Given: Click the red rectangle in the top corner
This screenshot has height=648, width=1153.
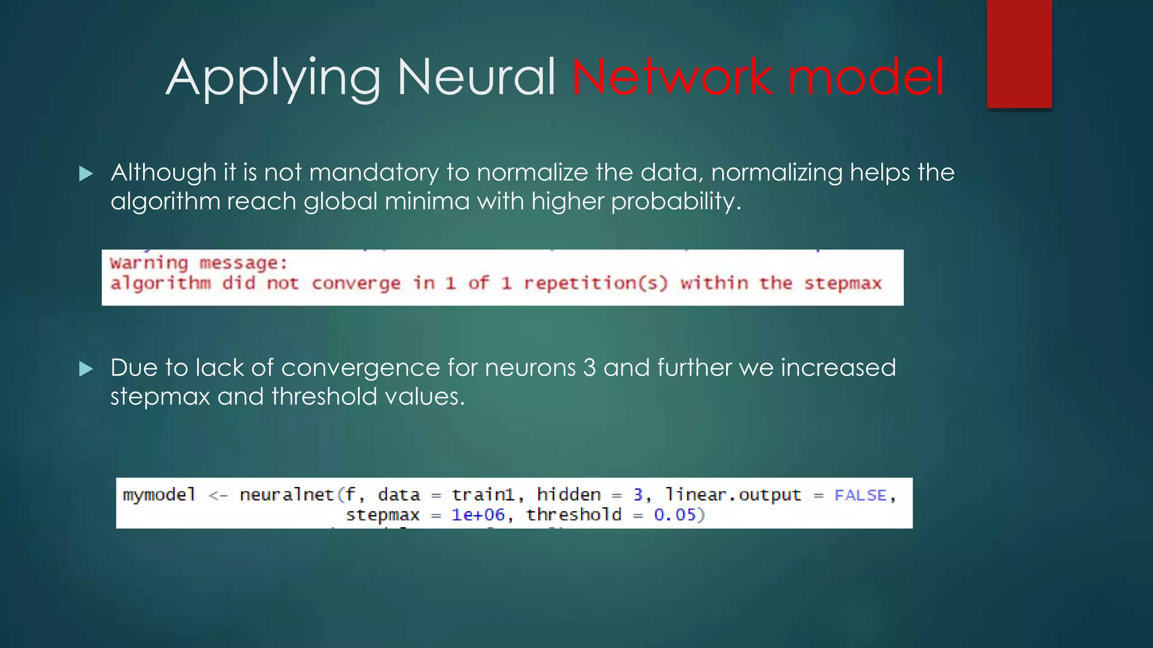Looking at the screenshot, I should point(1019,53).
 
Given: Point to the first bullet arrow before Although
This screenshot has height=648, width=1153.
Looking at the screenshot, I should point(86,173).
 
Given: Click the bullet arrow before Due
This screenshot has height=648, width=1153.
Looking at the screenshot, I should point(86,369).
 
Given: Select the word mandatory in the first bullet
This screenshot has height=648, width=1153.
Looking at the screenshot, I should point(374,172).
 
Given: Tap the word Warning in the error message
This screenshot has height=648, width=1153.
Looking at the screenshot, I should point(149,263).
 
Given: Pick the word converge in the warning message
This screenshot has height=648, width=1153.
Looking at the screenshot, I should point(356,283).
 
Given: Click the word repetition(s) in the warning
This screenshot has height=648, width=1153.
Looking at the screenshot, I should point(596,283).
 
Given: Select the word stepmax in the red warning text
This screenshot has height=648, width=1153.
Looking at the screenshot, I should point(842,283).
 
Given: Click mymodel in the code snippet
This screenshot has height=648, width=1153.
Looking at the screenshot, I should point(159,494).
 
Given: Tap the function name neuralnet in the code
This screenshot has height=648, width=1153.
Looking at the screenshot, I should point(287,494).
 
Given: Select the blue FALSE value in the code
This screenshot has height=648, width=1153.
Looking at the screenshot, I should point(860,495).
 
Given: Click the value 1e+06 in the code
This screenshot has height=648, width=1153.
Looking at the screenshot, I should point(478,515).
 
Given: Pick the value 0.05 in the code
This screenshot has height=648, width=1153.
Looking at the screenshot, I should point(675,515).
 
